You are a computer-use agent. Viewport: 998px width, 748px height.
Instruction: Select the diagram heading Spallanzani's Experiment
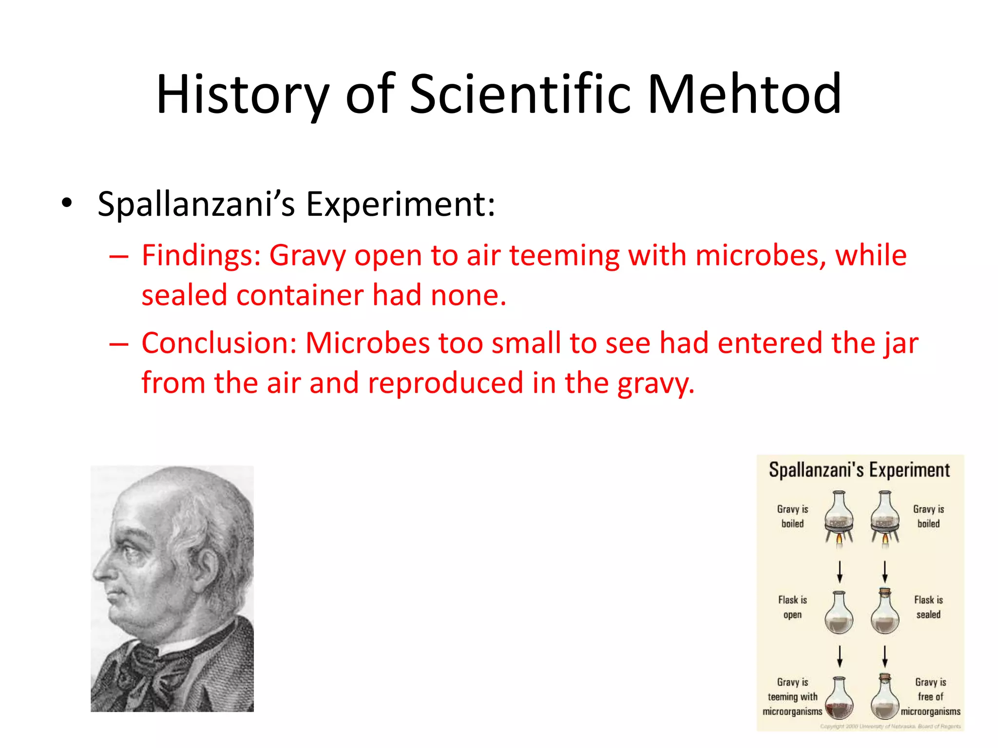pos(859,470)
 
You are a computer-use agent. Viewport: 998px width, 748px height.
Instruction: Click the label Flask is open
pos(792,607)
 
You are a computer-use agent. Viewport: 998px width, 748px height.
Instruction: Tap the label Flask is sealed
pos(928,607)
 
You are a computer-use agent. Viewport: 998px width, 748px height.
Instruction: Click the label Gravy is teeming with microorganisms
pos(792,697)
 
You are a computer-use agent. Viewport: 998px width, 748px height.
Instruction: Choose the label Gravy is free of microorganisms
pos(930,697)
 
